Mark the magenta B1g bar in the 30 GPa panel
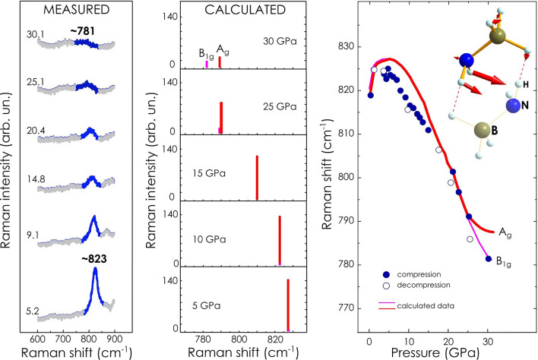(207, 65)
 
